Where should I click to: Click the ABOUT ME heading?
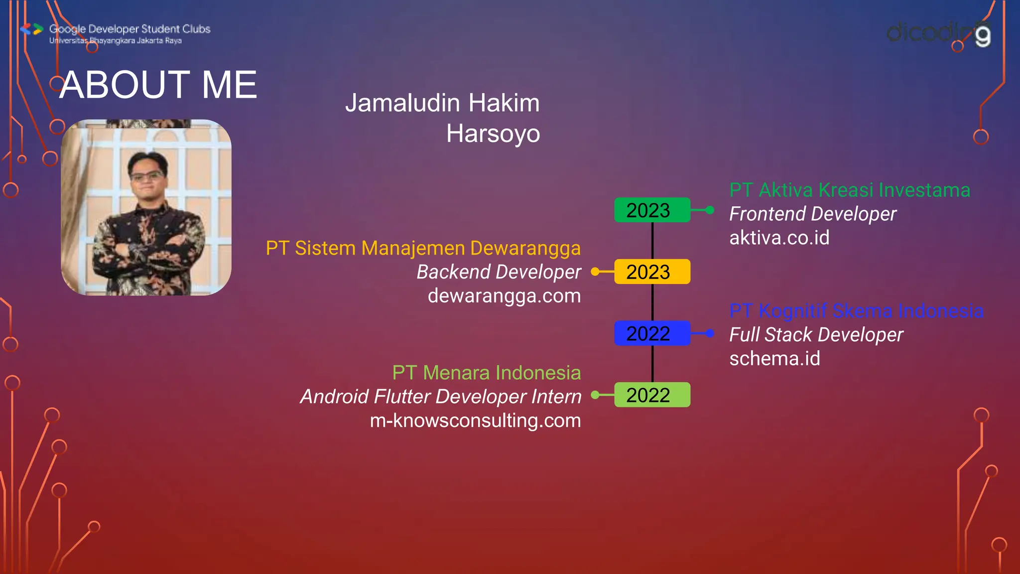point(158,85)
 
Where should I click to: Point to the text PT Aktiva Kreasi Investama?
point(849,190)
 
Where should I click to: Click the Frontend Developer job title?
point(812,214)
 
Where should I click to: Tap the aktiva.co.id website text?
point(779,238)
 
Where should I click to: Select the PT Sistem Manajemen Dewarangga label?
point(423,248)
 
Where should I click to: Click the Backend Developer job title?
point(499,272)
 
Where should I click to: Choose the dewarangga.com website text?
point(504,296)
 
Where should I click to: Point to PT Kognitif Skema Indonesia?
point(856,311)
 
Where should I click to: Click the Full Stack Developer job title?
point(816,335)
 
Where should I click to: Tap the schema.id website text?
point(774,359)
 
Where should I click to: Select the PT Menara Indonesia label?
point(486,373)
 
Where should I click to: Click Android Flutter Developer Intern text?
point(440,397)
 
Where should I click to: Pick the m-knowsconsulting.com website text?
point(475,421)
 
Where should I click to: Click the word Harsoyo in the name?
point(493,134)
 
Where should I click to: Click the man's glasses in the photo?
point(146,175)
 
